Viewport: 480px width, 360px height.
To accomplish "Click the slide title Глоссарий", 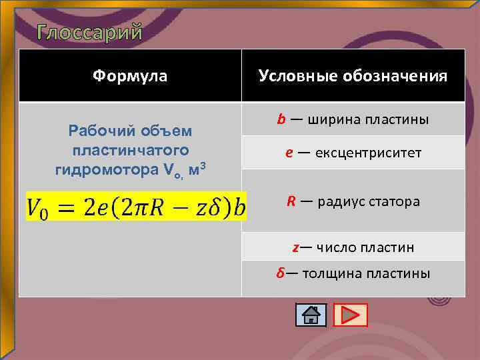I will pyautogui.click(x=89, y=31).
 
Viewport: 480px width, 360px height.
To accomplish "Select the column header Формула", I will pyautogui.click(x=130, y=76).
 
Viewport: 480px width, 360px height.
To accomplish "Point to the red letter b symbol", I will pyautogui.click(x=281, y=119).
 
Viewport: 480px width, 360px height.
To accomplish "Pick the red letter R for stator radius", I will pyautogui.click(x=291, y=201).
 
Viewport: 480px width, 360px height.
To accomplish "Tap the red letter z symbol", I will pyautogui.click(x=295, y=247).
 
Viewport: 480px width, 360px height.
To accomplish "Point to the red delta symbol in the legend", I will pyautogui.click(x=281, y=274).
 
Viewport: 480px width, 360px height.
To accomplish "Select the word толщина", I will pyautogui.click(x=331, y=274).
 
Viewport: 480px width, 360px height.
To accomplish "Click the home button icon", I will pyautogui.click(x=311, y=314).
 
